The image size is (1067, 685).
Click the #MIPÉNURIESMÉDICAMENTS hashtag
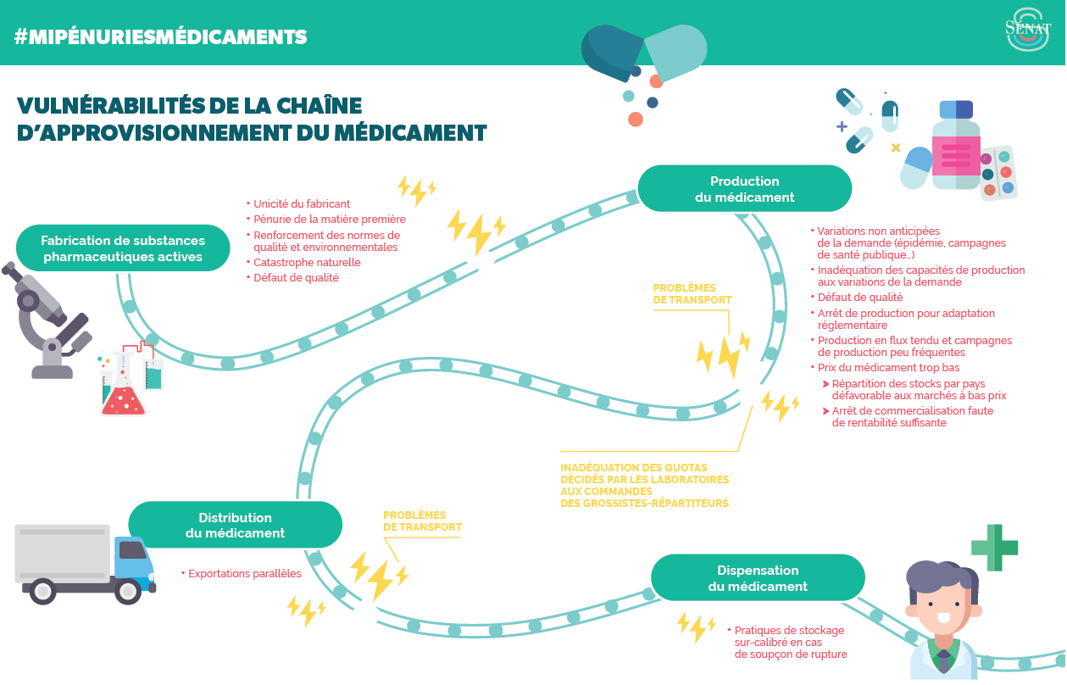click(x=161, y=37)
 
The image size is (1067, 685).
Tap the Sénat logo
click(x=1026, y=31)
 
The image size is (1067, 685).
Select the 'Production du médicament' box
click(x=744, y=189)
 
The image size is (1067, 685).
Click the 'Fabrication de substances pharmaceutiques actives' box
click(x=123, y=248)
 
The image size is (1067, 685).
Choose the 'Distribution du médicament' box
click(x=235, y=526)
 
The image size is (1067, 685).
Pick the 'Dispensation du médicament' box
click(x=758, y=578)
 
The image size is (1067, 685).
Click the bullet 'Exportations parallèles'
click(x=244, y=574)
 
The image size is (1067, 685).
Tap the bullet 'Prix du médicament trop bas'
click(x=888, y=368)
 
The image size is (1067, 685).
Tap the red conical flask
click(x=123, y=395)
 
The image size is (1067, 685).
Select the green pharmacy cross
click(x=993, y=548)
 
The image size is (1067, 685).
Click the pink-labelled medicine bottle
click(x=956, y=147)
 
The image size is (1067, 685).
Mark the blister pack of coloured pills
click(x=998, y=172)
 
